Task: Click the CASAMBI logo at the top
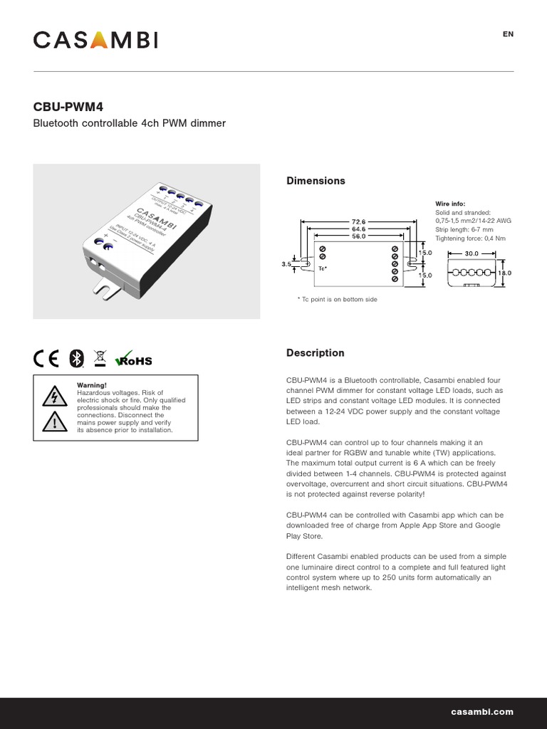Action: (95, 40)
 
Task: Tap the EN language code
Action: (508, 34)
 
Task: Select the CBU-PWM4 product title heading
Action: (68, 107)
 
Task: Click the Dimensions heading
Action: (316, 181)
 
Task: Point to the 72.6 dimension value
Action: (358, 221)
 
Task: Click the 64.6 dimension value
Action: (358, 229)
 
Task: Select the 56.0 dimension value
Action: (358, 236)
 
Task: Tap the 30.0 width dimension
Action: (472, 253)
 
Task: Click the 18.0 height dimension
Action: (505, 273)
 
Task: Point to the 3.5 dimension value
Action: (286, 264)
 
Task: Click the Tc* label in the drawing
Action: (322, 269)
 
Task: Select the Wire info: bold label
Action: (449, 204)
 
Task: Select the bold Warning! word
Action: (91, 385)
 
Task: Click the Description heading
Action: (315, 353)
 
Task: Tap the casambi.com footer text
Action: (481, 712)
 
